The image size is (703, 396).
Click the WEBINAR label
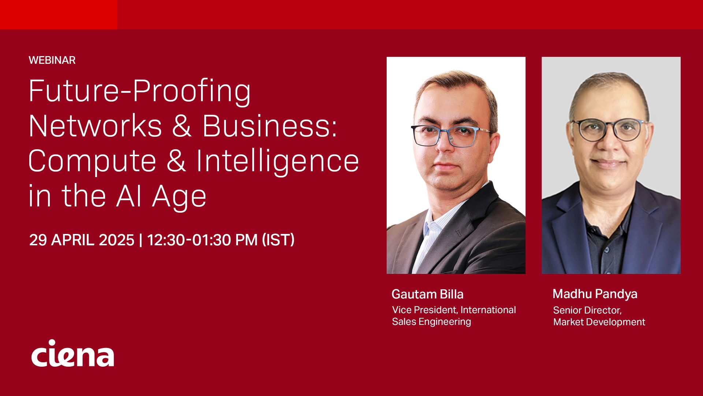[x=52, y=60]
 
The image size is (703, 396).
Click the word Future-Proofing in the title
[x=140, y=92]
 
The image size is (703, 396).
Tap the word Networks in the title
[x=95, y=126]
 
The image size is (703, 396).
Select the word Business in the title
[x=269, y=126]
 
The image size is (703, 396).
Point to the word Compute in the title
[x=92, y=161]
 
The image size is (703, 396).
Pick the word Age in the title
[x=179, y=197]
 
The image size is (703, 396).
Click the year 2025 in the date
[x=116, y=240]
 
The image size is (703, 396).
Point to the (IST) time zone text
[x=278, y=240]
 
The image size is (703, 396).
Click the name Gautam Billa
[x=428, y=294]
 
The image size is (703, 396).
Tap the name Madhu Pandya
[x=595, y=294]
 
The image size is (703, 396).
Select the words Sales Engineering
[x=432, y=322]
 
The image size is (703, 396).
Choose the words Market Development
[x=599, y=322]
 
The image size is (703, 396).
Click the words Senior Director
[x=587, y=311]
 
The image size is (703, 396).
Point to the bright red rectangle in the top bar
[x=59, y=15]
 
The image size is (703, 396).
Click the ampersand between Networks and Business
[x=182, y=126]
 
